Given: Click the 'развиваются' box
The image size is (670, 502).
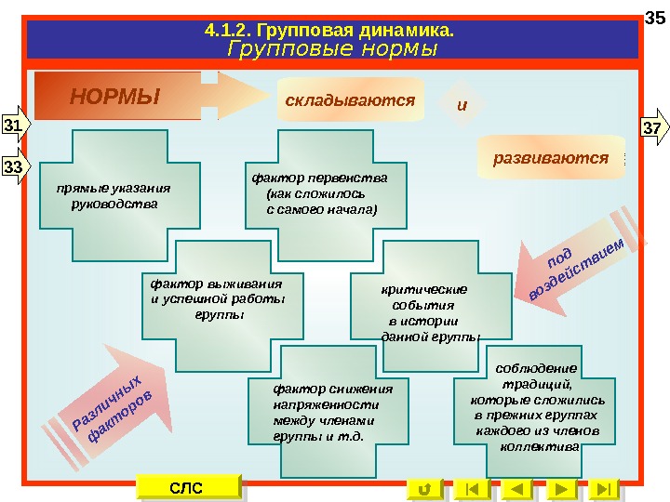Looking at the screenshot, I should coord(550,158).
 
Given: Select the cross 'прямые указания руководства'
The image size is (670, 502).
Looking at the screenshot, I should coord(120,195).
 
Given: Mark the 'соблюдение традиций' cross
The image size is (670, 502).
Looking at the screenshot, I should coord(534,407).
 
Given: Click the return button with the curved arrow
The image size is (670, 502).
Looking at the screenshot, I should coord(424,488).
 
